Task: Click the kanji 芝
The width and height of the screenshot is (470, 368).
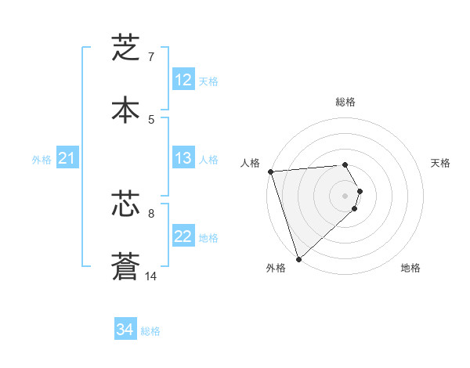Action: [x=125, y=49]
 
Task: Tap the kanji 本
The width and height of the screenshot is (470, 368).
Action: [x=125, y=110]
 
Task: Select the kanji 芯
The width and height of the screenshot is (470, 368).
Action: [x=125, y=204]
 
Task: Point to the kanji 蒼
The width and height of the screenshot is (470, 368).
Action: [x=125, y=266]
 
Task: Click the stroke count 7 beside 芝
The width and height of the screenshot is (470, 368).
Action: [x=151, y=57]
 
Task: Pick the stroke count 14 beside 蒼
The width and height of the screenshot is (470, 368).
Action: [x=151, y=276]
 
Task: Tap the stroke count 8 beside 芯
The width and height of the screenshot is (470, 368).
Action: [x=151, y=213]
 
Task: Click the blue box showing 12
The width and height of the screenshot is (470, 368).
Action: [x=183, y=80]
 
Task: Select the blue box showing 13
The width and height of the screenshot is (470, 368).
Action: [x=183, y=158]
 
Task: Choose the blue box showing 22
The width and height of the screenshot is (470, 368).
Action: [x=183, y=236]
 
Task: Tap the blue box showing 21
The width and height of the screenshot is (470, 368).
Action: [x=67, y=159]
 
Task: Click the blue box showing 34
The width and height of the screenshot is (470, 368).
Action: [x=125, y=330]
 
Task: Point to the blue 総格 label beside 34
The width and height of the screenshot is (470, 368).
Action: [x=150, y=331]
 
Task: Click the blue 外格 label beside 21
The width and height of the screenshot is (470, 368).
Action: [x=42, y=160]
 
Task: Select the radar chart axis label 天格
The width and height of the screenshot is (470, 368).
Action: [x=441, y=163]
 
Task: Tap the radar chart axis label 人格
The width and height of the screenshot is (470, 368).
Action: [x=251, y=163]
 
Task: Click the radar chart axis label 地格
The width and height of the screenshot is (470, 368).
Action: [x=410, y=268]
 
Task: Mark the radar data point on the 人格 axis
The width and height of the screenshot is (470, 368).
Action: [x=270, y=171]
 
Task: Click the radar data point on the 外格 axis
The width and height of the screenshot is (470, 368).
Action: [x=298, y=258]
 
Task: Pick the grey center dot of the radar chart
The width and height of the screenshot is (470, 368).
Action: [x=345, y=196]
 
